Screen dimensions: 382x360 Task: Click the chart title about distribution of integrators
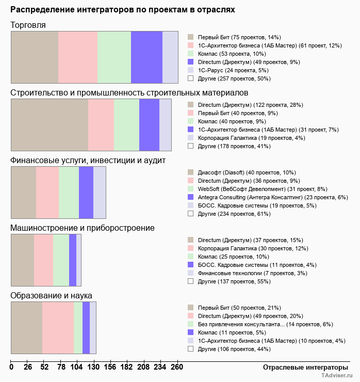click(x=123, y=10)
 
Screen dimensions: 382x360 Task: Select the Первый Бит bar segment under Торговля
click(x=35, y=57)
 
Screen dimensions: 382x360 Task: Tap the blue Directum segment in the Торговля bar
click(x=146, y=57)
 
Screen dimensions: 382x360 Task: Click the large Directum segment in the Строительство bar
click(x=50, y=124)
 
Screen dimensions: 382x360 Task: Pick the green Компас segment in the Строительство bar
click(x=126, y=124)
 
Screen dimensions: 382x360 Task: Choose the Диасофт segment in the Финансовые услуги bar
click(x=23, y=193)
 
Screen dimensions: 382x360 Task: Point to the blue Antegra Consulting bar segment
click(x=86, y=193)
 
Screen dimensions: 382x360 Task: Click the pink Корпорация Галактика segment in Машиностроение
click(x=43, y=260)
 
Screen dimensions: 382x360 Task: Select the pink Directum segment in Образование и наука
click(x=58, y=328)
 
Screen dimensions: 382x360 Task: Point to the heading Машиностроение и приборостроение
click(x=83, y=228)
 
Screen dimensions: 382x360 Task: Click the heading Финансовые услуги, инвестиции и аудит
click(x=88, y=161)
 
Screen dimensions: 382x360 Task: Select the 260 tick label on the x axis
click(x=176, y=367)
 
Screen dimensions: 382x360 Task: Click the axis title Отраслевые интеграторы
click(x=302, y=367)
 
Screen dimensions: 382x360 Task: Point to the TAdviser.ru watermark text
click(x=337, y=376)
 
